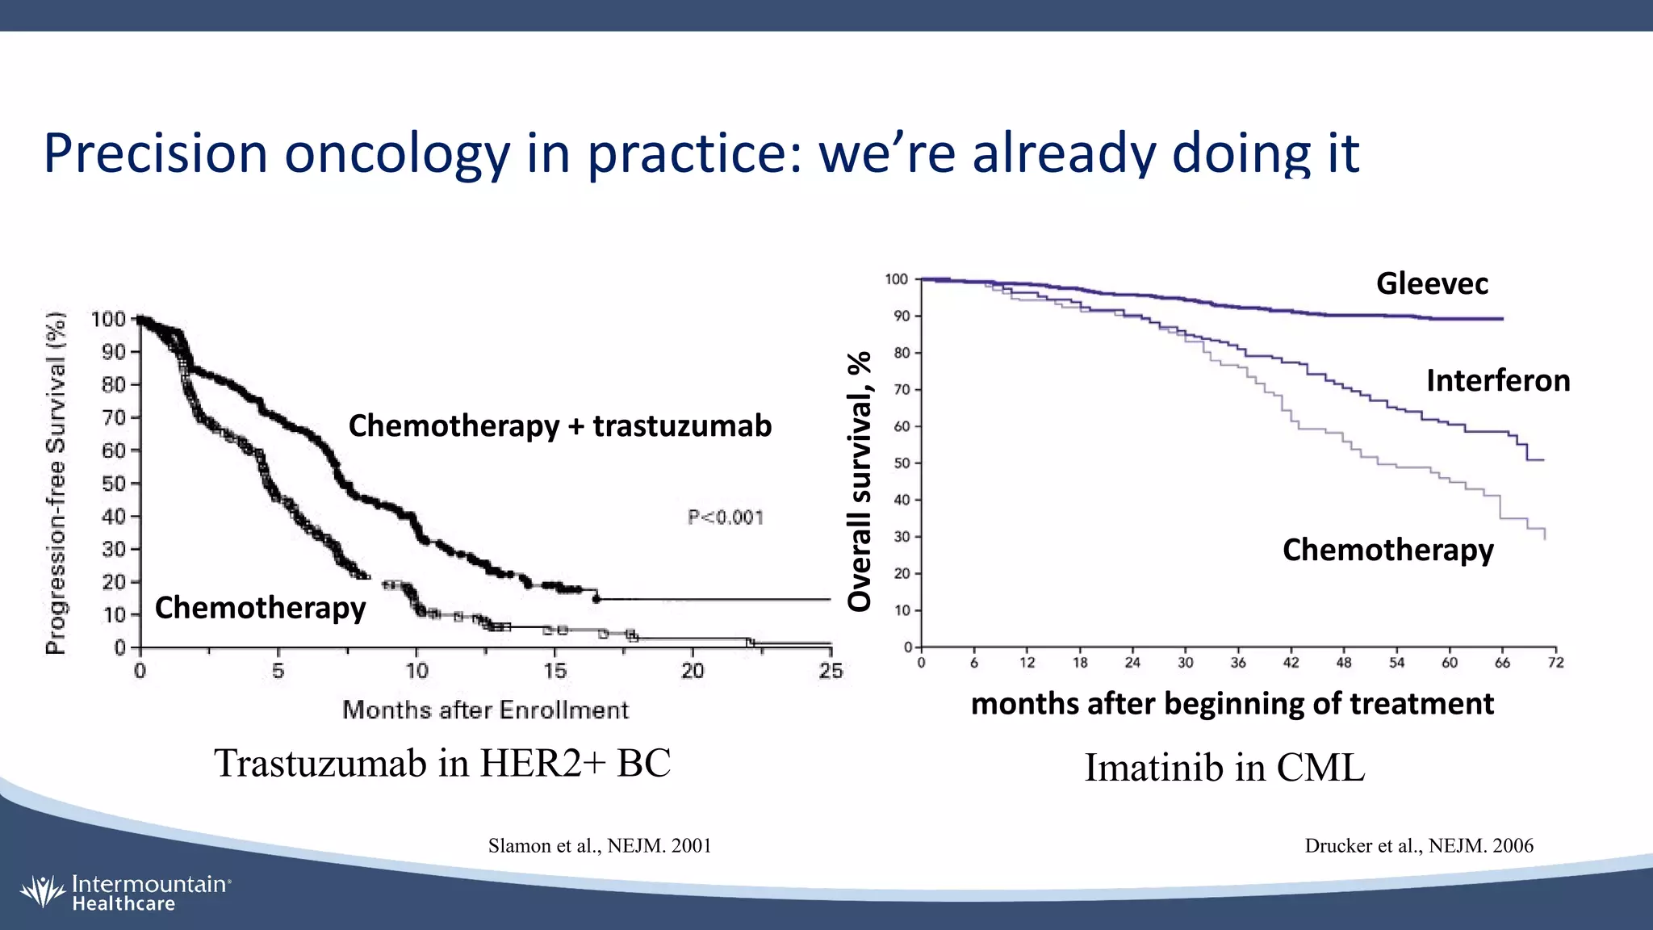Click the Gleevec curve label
click(1432, 283)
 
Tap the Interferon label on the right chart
click(1498, 380)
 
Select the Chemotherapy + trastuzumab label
click(559, 425)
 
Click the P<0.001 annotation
click(726, 517)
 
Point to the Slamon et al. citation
click(600, 845)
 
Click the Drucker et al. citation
click(1419, 845)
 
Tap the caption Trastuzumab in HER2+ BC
click(442, 763)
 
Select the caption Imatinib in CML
click(1224, 767)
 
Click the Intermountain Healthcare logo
click(125, 892)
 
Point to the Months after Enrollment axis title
click(485, 710)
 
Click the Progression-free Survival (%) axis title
click(56, 483)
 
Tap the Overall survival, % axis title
click(860, 481)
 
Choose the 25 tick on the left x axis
click(831, 671)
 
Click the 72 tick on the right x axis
click(1555, 663)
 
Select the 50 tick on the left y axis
click(113, 484)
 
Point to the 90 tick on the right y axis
click(901, 316)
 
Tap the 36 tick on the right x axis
click(1238, 663)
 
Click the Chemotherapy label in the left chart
click(260, 607)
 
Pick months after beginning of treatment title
click(1232, 703)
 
